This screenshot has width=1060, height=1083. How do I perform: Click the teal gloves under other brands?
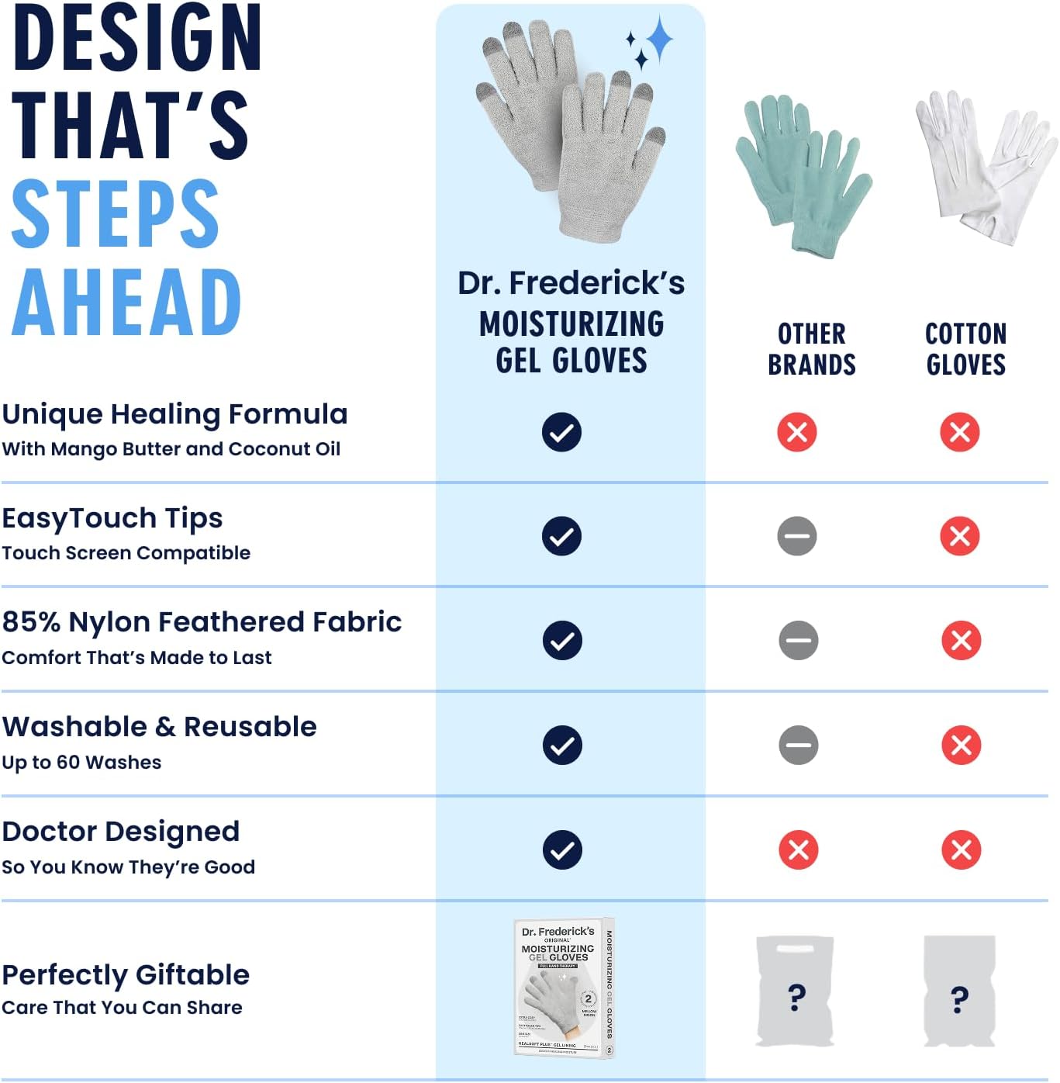(803, 175)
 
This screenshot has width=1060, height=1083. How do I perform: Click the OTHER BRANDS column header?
(812, 349)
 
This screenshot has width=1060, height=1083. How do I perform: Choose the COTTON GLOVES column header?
(965, 349)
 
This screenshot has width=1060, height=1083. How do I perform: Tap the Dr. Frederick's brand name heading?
(571, 283)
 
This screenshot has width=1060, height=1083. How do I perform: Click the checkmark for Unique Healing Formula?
(561, 432)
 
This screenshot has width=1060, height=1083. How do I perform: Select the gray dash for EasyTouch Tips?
(797, 536)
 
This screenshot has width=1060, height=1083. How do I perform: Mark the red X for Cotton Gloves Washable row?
(961, 745)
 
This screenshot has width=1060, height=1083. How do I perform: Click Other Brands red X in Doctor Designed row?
(798, 849)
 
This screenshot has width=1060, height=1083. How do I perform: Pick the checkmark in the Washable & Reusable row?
(561, 745)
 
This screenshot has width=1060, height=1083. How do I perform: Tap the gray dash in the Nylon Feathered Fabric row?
(798, 640)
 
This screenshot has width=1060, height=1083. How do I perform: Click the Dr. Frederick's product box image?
(564, 988)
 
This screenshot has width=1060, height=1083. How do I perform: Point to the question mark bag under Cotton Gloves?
(959, 991)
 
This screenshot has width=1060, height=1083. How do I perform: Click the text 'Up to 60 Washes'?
(81, 763)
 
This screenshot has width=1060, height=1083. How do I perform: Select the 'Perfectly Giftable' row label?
(126, 974)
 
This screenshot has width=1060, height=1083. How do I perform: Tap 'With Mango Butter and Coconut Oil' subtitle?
(171, 449)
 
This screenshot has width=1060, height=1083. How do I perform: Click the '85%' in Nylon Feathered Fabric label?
(31, 622)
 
